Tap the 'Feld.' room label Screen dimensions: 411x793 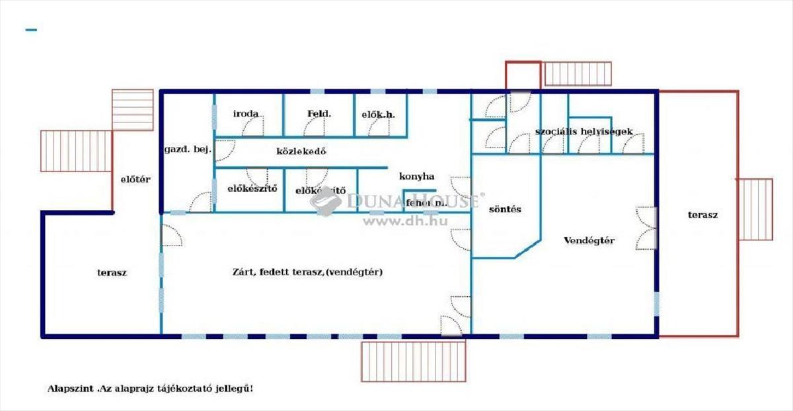pos(319,114)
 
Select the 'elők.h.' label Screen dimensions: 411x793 pos(378,114)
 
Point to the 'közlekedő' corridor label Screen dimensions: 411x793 pos(301,151)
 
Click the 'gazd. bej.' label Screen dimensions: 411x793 pos(188,150)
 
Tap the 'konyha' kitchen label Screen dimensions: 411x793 pos(416,176)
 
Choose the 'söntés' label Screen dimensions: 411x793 pos(505,209)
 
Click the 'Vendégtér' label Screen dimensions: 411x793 pos(589,240)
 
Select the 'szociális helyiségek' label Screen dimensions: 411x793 pos(584,131)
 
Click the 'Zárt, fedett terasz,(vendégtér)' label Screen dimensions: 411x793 pos(308,272)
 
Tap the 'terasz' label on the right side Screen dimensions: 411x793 pos(702,214)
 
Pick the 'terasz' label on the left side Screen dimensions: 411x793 pos(112,272)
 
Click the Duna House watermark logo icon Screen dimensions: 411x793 pos(326,201)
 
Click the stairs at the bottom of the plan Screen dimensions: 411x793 pos(413,361)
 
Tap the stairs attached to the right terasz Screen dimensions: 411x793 pos(755,209)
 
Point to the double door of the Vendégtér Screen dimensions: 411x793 pos(646,228)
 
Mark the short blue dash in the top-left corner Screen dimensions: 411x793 pos(30,30)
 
